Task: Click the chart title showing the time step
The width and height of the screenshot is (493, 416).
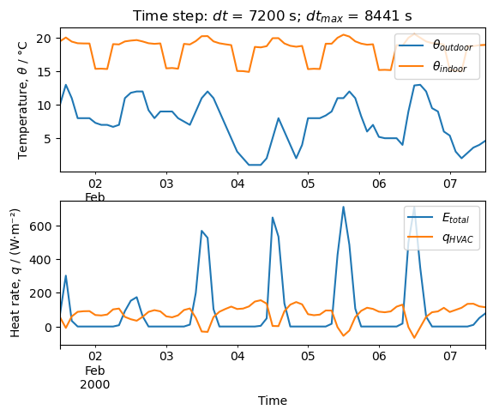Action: coord(271,15)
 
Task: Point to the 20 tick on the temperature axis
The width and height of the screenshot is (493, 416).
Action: coord(47,39)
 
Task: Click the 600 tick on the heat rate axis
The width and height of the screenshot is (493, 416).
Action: coord(44,226)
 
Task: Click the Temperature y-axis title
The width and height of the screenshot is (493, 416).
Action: coord(23,99)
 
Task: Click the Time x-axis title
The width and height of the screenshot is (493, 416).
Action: coord(273,401)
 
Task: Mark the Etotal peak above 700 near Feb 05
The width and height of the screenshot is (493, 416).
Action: coord(343,207)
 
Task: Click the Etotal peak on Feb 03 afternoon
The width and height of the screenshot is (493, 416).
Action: coord(201,231)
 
